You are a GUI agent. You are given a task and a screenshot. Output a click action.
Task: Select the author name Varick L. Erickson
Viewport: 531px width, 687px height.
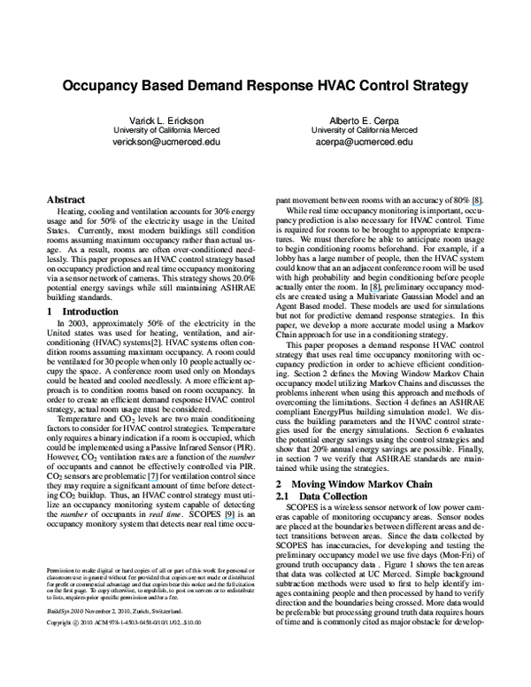[x=156, y=120]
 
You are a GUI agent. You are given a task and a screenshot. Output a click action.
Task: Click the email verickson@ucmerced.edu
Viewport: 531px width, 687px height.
[x=156, y=141]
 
